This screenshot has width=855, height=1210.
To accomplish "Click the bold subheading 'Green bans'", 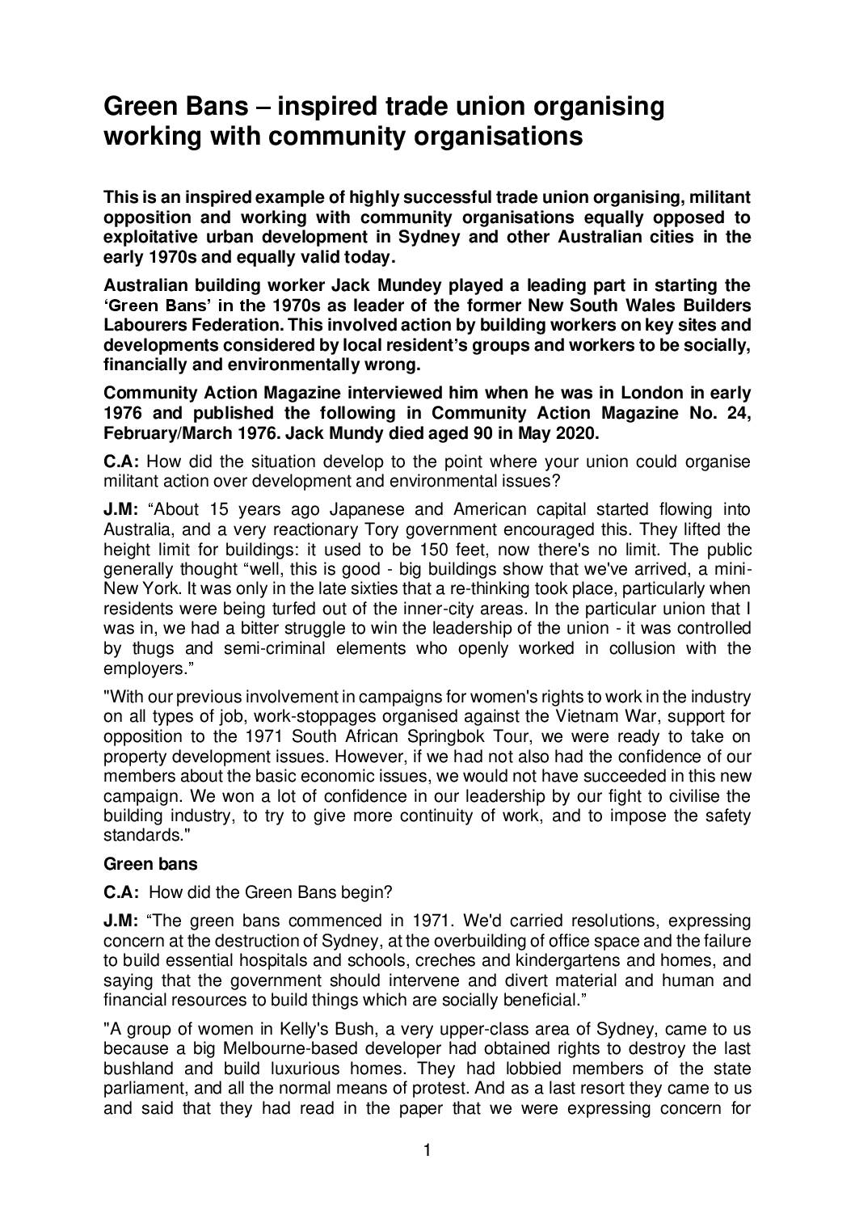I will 150,864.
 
